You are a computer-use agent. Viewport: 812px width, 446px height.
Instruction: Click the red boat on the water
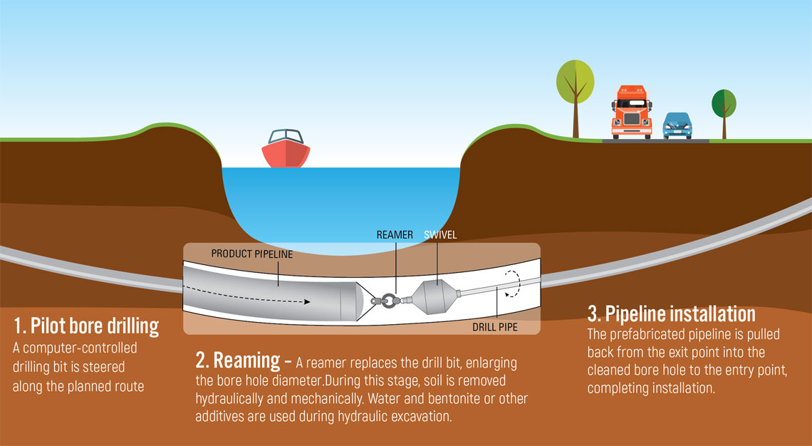(x=285, y=150)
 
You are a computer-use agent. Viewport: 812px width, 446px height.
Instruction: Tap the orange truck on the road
(x=631, y=113)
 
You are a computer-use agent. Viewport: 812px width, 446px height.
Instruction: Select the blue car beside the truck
(x=677, y=125)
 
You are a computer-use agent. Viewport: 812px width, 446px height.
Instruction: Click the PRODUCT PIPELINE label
(x=251, y=254)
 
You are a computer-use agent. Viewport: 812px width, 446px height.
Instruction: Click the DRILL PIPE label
(x=495, y=328)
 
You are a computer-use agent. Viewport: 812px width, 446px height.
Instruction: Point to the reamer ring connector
(x=388, y=300)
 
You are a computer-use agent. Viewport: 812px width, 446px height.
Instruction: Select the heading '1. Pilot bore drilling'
(x=85, y=327)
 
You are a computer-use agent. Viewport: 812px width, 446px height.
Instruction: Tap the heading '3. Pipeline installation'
(x=671, y=313)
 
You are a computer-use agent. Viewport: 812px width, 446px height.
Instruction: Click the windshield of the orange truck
(x=631, y=103)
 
